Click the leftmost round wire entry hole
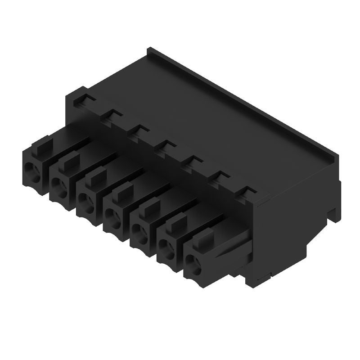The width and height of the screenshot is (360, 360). [32, 170]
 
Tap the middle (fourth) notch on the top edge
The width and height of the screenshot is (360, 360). [166, 145]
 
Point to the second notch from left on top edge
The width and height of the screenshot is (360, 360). [112, 115]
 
